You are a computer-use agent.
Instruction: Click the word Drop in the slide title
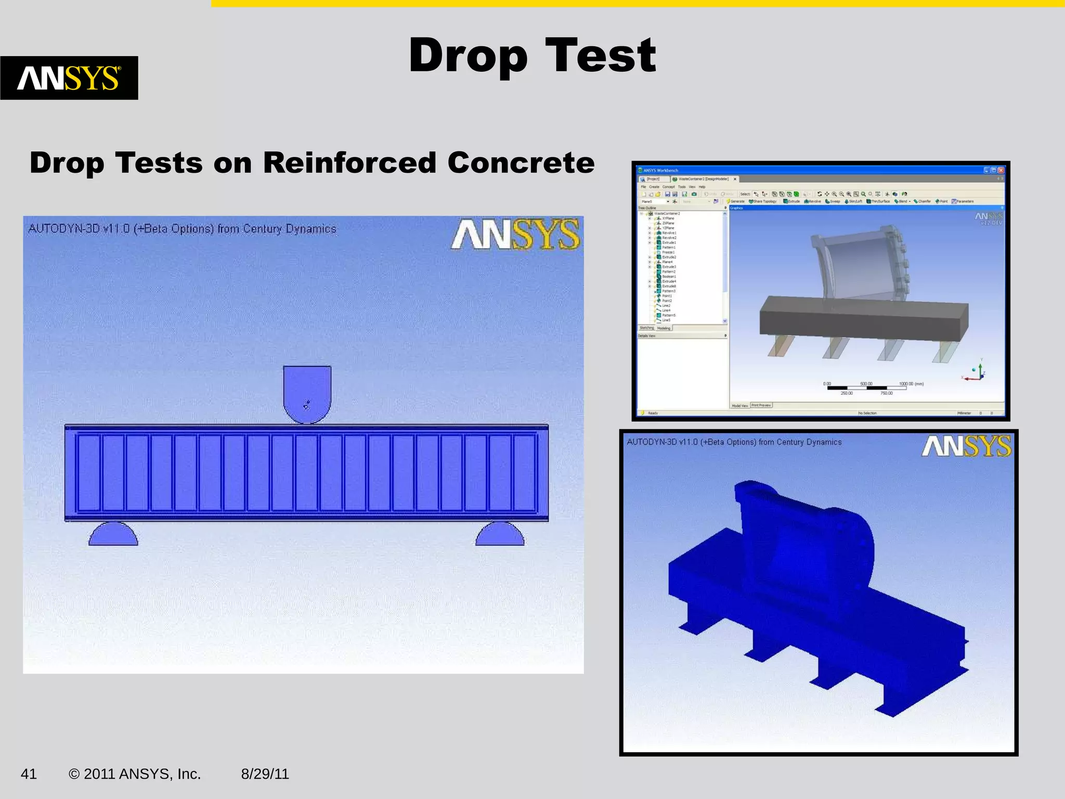click(468, 56)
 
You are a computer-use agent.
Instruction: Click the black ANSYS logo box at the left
click(69, 78)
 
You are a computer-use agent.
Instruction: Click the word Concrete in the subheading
click(521, 163)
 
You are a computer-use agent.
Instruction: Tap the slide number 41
click(29, 774)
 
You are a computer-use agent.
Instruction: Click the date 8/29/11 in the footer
click(265, 774)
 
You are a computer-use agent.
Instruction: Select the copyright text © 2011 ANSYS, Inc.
click(135, 774)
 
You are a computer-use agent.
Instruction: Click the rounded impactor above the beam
click(307, 393)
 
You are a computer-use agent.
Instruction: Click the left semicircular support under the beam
click(113, 535)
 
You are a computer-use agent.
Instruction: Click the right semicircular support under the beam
click(500, 535)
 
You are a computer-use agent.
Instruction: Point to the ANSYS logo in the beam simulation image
click(515, 235)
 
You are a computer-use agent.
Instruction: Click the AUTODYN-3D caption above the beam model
click(182, 229)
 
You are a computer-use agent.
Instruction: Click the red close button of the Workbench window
click(1001, 170)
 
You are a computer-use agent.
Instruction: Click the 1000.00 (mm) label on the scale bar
click(911, 384)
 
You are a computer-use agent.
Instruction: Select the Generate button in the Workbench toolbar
click(736, 201)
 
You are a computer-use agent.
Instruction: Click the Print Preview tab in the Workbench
click(761, 405)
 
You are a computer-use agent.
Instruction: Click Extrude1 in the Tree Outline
click(668, 242)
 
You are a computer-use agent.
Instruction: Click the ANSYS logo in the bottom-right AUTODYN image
click(966, 446)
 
